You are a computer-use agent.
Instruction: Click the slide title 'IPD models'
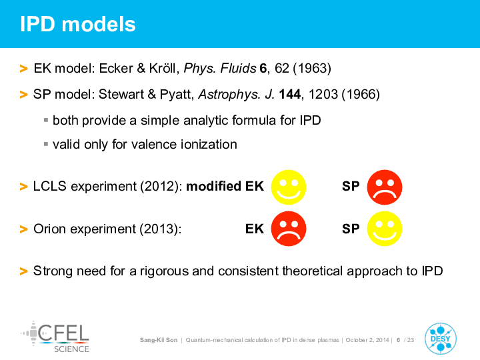click(x=78, y=24)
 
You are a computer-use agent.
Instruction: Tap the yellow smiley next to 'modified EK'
click(x=289, y=187)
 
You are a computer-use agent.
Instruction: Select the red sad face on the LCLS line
click(x=385, y=187)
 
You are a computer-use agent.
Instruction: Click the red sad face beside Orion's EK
click(x=289, y=229)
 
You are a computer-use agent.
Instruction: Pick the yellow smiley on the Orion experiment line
click(x=385, y=229)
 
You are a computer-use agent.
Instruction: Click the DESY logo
click(x=441, y=339)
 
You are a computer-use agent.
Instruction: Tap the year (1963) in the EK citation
click(x=312, y=68)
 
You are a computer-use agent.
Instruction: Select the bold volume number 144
click(x=290, y=94)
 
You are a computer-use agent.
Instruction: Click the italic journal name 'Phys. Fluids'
click(x=220, y=69)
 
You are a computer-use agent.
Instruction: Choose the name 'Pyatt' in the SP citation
click(x=177, y=94)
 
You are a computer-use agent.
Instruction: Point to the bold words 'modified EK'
click(x=225, y=186)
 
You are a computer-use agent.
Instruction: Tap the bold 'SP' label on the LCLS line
click(x=351, y=186)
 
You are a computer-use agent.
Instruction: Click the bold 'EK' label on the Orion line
click(x=255, y=229)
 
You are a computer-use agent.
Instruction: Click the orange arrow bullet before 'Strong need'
click(x=23, y=271)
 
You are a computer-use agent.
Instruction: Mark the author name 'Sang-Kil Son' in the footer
click(x=159, y=340)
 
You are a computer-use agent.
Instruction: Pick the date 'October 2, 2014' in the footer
click(x=367, y=340)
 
